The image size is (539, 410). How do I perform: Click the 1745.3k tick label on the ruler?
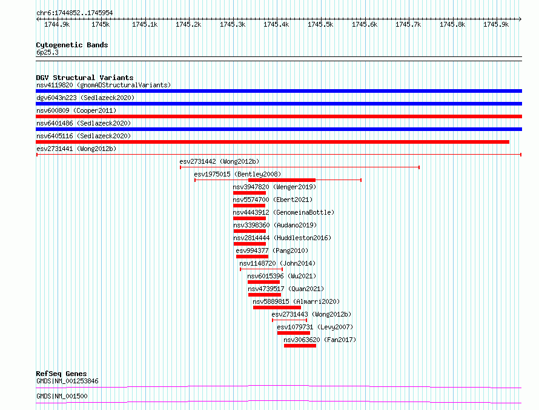(233, 24)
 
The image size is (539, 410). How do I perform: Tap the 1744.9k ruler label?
(57, 24)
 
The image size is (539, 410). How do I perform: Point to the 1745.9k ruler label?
(496, 24)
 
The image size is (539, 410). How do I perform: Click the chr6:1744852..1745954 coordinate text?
(74, 13)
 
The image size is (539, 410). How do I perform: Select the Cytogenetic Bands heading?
(72, 45)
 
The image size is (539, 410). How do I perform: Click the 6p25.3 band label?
(47, 52)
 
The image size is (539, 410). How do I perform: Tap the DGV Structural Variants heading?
(85, 78)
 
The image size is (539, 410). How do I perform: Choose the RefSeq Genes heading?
(61, 374)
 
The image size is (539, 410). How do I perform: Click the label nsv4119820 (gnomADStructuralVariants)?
(104, 85)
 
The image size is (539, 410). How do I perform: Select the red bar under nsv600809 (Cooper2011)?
(279, 116)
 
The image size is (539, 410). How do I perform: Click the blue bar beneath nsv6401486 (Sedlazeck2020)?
(279, 129)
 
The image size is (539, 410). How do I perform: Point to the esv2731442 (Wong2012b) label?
(219, 161)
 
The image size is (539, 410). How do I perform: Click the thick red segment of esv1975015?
(282, 180)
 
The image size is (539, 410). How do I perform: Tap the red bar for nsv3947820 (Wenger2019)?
(250, 193)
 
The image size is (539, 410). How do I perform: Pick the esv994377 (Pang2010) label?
(272, 250)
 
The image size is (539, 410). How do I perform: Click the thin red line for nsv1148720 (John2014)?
(261, 269)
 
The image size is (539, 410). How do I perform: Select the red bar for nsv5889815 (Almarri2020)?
(277, 307)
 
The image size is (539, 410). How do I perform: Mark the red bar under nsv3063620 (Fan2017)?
(300, 346)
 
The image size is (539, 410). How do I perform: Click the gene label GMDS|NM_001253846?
(67, 381)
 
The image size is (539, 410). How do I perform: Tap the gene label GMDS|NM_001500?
(62, 396)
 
